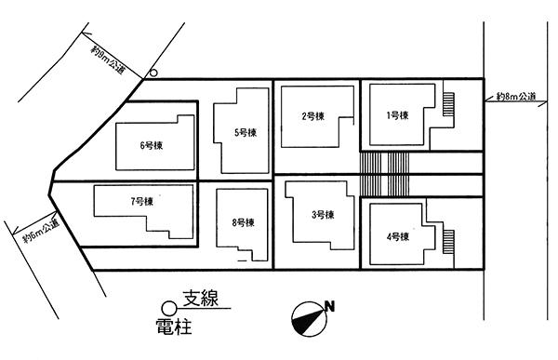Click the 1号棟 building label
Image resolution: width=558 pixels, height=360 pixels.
tap(396, 115)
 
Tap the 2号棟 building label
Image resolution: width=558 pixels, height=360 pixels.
tap(312, 116)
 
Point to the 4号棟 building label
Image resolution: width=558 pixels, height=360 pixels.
tap(397, 236)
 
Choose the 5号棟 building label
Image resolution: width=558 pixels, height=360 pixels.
tap(246, 133)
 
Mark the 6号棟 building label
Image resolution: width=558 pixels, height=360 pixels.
tap(151, 144)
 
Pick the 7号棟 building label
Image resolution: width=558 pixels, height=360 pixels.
tap(141, 201)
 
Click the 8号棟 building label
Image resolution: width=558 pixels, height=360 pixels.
tap(243, 222)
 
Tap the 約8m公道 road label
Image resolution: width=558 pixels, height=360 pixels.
tap(516, 96)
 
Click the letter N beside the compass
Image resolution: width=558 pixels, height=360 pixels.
tap(329, 306)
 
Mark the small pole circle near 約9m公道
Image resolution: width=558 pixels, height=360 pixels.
tap(154, 72)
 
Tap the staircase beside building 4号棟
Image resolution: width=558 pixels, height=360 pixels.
tap(450, 242)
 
